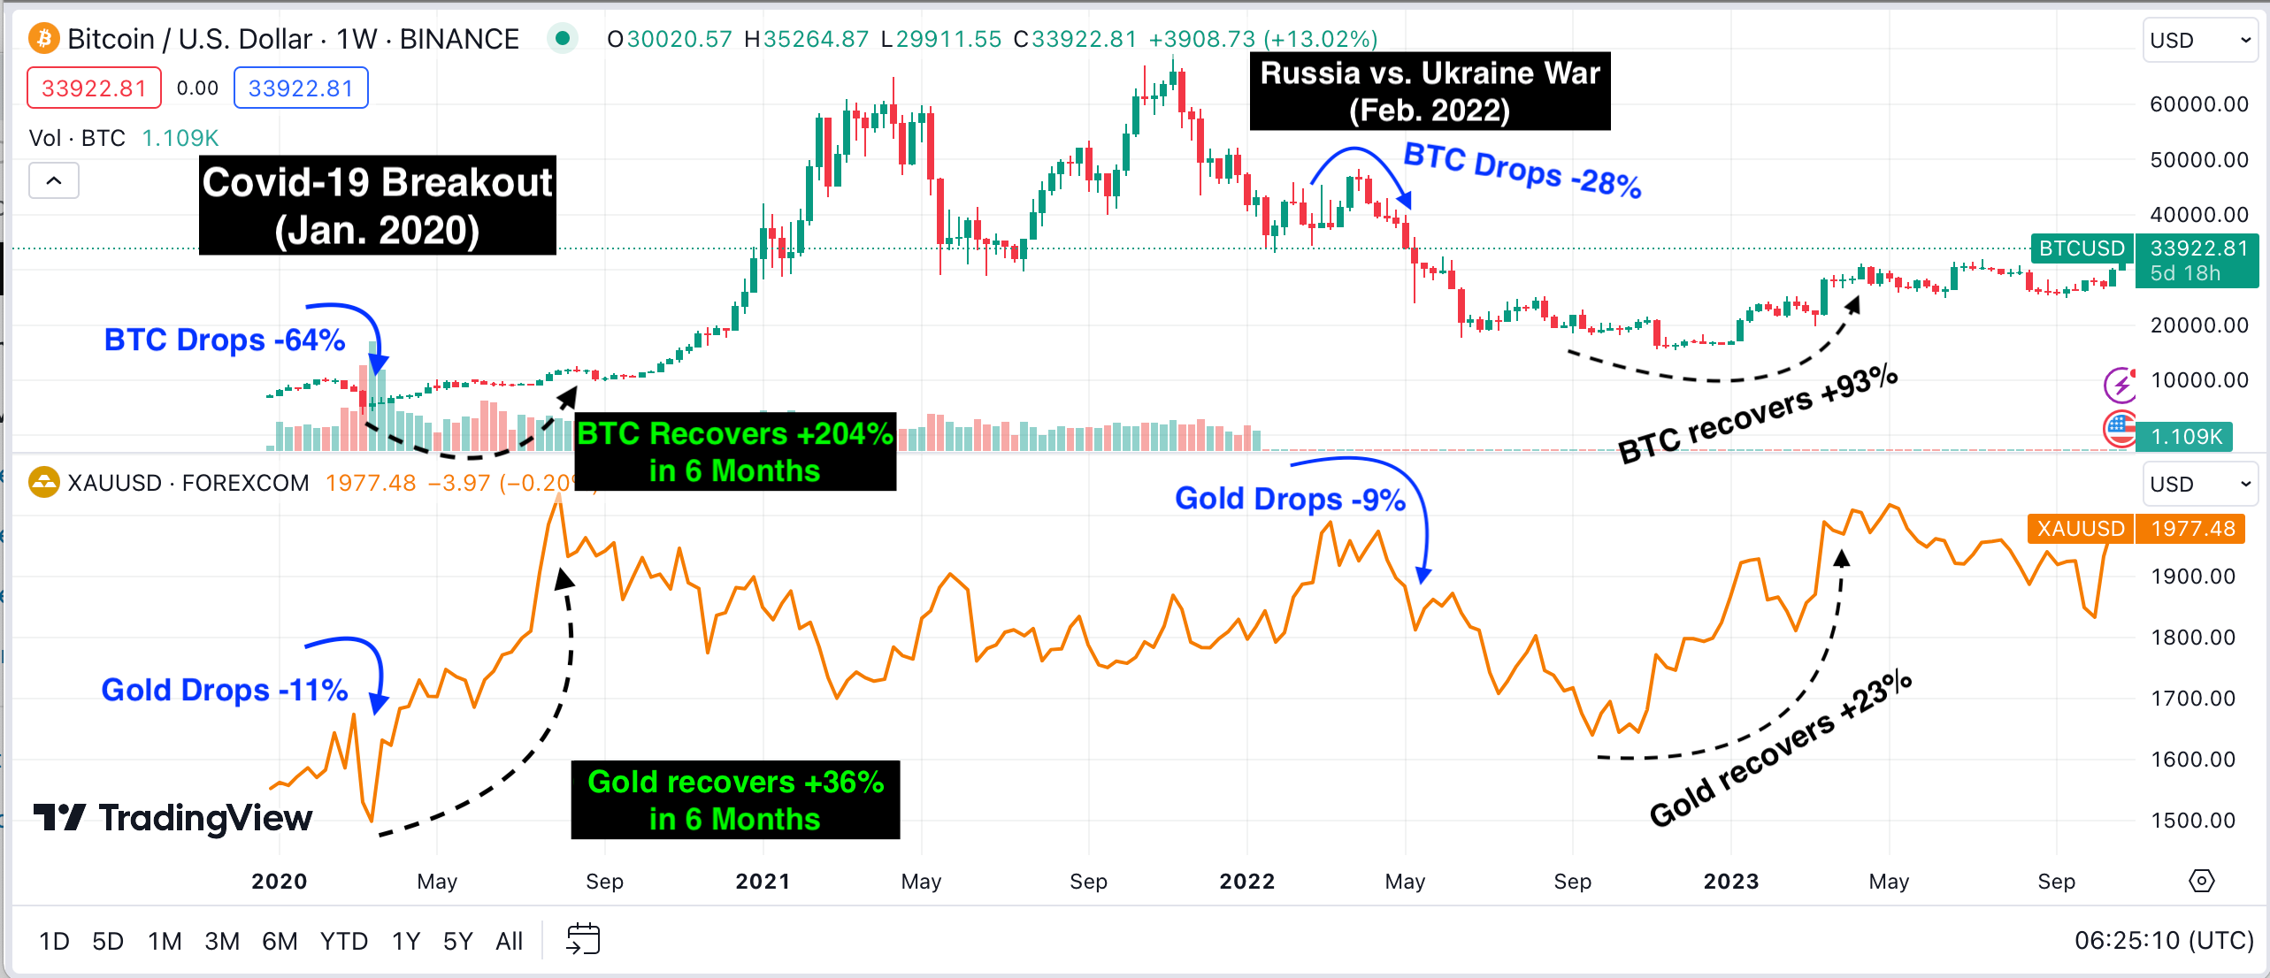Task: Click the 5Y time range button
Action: (457, 941)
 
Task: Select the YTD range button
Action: (343, 941)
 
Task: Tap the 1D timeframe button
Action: (54, 941)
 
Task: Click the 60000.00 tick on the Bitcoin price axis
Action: (2198, 104)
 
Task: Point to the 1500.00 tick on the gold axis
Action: (2192, 820)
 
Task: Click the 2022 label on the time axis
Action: (1246, 882)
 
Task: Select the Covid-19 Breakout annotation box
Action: (378, 206)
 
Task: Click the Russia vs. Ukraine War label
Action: (1430, 91)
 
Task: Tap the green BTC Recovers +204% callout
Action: (734, 452)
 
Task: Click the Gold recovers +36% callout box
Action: (734, 800)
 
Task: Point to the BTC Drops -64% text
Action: (225, 340)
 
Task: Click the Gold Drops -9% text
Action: (1290, 500)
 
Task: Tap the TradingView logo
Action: (173, 818)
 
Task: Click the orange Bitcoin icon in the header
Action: (43, 39)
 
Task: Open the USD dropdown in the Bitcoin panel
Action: (2198, 41)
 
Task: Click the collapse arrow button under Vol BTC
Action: (54, 181)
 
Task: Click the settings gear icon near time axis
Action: (2201, 882)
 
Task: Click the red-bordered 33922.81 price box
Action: (94, 88)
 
